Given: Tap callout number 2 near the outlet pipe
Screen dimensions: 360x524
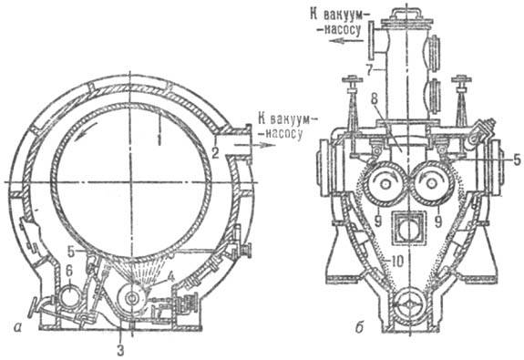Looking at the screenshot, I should pos(215,152).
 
